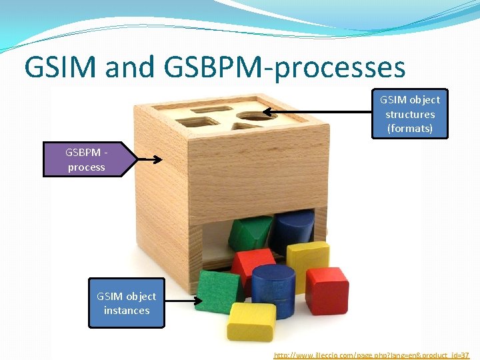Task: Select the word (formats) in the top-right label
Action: point(410,128)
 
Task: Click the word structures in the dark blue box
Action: point(410,114)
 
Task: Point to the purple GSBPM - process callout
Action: point(86,159)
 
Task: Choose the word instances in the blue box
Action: point(127,311)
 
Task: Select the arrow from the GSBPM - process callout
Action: point(150,159)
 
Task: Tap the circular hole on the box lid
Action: point(247,116)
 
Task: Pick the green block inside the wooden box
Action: point(248,233)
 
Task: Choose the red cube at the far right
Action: point(327,290)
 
